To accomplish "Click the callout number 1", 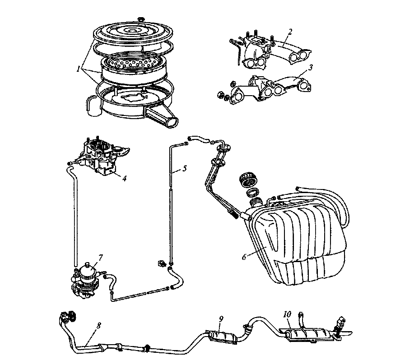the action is click(x=78, y=69).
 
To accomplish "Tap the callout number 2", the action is click(x=290, y=32).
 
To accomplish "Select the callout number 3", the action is click(x=311, y=67).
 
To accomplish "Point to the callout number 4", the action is click(x=125, y=178).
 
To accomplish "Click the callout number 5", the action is click(x=184, y=169).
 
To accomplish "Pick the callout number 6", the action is click(x=244, y=257).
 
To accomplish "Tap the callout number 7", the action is click(x=101, y=257).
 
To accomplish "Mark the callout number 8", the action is click(x=98, y=326).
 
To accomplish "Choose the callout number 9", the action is click(x=221, y=319).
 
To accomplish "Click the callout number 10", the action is click(x=287, y=314).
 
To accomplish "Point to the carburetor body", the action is click(x=103, y=156).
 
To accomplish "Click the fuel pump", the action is click(x=87, y=281).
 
